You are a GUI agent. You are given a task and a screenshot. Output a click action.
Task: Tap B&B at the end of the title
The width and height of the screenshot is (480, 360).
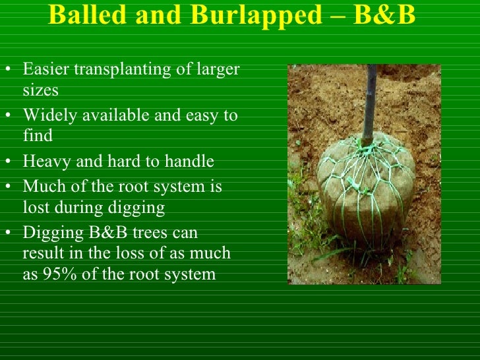pyautogui.click(x=386, y=15)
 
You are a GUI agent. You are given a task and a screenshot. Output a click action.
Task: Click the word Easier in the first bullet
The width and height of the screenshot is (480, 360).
pyautogui.click(x=45, y=69)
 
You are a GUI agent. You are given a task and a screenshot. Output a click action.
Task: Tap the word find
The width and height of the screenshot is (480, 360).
pyautogui.click(x=37, y=136)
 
